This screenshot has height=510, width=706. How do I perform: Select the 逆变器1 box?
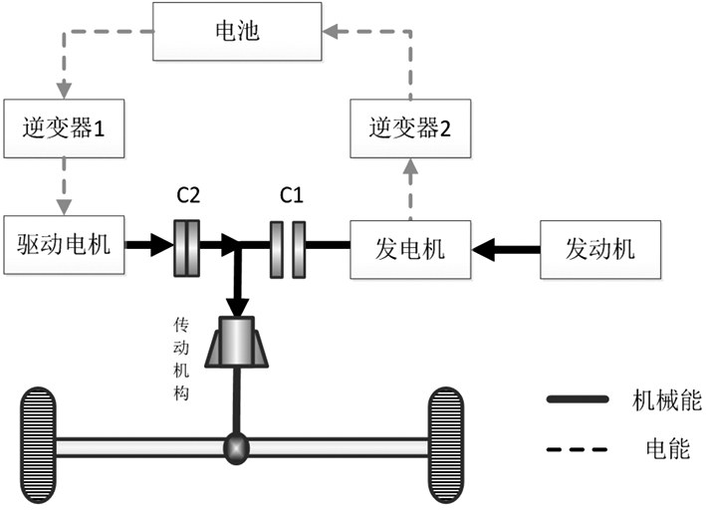[65, 127]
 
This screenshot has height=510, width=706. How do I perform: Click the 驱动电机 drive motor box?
[65, 242]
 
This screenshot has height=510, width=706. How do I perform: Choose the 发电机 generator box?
[410, 243]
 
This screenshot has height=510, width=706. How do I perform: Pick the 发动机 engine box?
[601, 243]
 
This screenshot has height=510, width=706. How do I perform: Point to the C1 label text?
[291, 196]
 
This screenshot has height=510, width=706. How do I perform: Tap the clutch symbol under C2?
[187, 244]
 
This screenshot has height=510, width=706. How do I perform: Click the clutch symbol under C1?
[288, 244]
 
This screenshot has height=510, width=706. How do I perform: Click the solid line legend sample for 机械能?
[579, 399]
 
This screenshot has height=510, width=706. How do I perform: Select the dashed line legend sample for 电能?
[579, 448]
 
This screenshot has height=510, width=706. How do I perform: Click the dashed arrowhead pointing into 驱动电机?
[65, 206]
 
